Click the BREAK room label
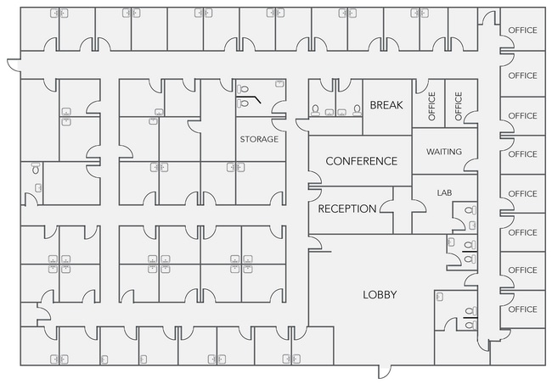point(386,105)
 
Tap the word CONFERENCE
point(361,161)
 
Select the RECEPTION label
point(347,209)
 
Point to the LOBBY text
point(380,294)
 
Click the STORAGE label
point(259,139)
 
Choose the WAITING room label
point(444,152)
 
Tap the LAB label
point(444,193)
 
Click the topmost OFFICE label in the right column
point(523,31)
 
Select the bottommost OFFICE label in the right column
point(523,309)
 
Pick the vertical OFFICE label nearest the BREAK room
point(432,106)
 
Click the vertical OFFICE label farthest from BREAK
point(458,106)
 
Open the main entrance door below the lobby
point(385,371)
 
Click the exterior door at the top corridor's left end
point(14,64)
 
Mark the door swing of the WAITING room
point(470,166)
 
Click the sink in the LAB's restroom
point(473,225)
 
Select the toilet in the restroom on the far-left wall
point(36,169)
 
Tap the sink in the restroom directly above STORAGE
point(279,84)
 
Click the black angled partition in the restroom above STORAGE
point(249,98)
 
